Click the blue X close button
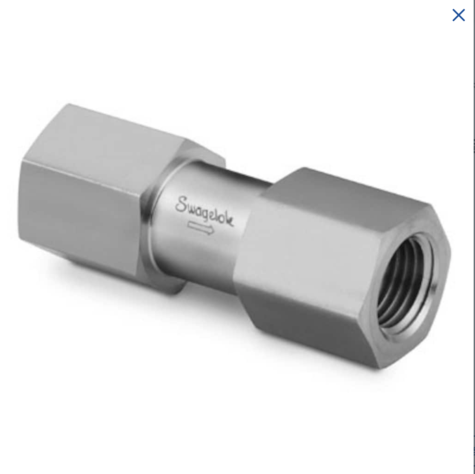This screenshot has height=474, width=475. pyautogui.click(x=458, y=15)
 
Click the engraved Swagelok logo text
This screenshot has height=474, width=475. pyautogui.click(x=204, y=212)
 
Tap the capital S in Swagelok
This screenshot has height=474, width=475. pyautogui.click(x=182, y=204)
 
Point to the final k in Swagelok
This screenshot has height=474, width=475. pyautogui.click(x=230, y=221)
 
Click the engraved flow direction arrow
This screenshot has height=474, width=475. pyautogui.click(x=201, y=228)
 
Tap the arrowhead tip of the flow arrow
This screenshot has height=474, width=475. pyautogui.click(x=214, y=231)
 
